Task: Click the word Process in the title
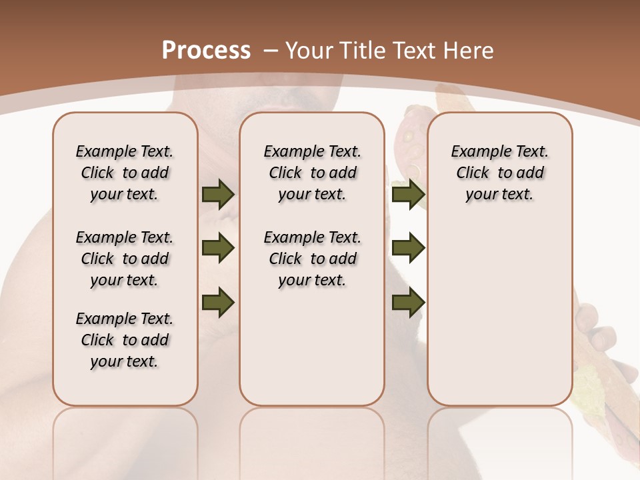pos(206,51)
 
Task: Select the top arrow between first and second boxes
pos(218,195)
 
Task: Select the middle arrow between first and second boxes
pos(218,249)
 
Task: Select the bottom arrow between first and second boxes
pos(218,302)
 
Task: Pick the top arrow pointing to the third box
pos(408,195)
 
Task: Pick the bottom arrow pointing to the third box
pos(408,302)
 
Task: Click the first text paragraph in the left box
pos(125,173)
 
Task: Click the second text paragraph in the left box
pos(125,259)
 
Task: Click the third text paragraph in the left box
pos(125,340)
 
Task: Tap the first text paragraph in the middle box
pos(313,173)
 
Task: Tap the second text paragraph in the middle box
pos(313,259)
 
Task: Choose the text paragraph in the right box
pos(500,173)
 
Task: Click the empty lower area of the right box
pos(500,320)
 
